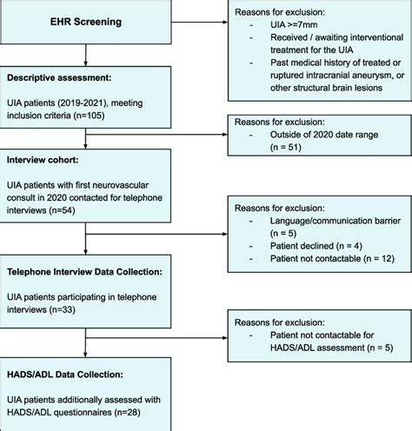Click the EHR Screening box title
[86, 22]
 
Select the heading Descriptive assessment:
[59, 78]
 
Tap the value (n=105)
[89, 116]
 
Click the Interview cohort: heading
[43, 160]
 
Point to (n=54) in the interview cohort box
[62, 210]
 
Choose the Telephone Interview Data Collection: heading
[84, 272]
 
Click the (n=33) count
[62, 309]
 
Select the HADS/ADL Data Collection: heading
[65, 375]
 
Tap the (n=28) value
[127, 412]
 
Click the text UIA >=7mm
[294, 25]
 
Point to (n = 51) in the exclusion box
[286, 147]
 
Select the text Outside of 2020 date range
[324, 135]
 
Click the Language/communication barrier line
[336, 221]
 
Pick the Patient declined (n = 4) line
[316, 246]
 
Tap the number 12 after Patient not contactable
[387, 258]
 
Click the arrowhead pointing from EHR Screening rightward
[225, 22]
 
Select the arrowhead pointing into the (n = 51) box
[225, 135]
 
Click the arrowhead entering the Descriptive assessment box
[85, 63]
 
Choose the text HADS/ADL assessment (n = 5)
[331, 348]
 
